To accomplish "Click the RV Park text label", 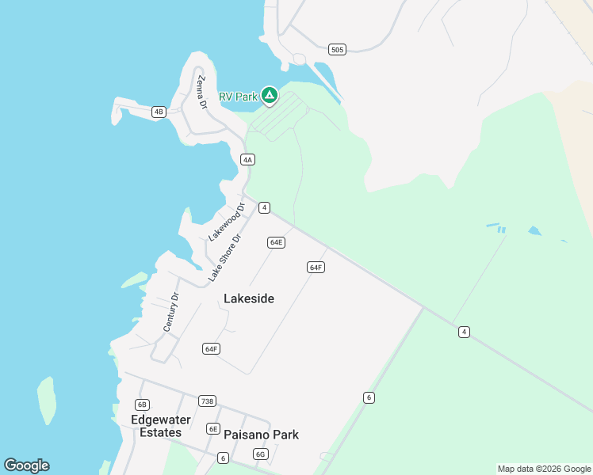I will pos(238,97).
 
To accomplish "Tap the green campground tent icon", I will pos(270,96).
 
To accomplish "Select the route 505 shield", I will pos(337,50).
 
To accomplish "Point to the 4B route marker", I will pos(159,112).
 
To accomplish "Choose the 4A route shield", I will pos(248,159).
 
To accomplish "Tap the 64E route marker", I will pos(276,242).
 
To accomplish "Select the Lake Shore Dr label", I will pos(224,258).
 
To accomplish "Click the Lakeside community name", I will pos(249,298).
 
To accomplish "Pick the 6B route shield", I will pos(142,405).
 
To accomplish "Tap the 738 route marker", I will pos(207,401).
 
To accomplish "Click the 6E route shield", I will pos(213,428).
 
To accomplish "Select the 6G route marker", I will pos(260,454).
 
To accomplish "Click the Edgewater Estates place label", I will pos(156,426).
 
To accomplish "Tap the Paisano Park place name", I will pos(261,435).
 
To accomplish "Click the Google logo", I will pos(26,465).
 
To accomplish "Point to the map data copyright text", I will pos(544,469).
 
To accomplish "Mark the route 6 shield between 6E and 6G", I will pos(224,458).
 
